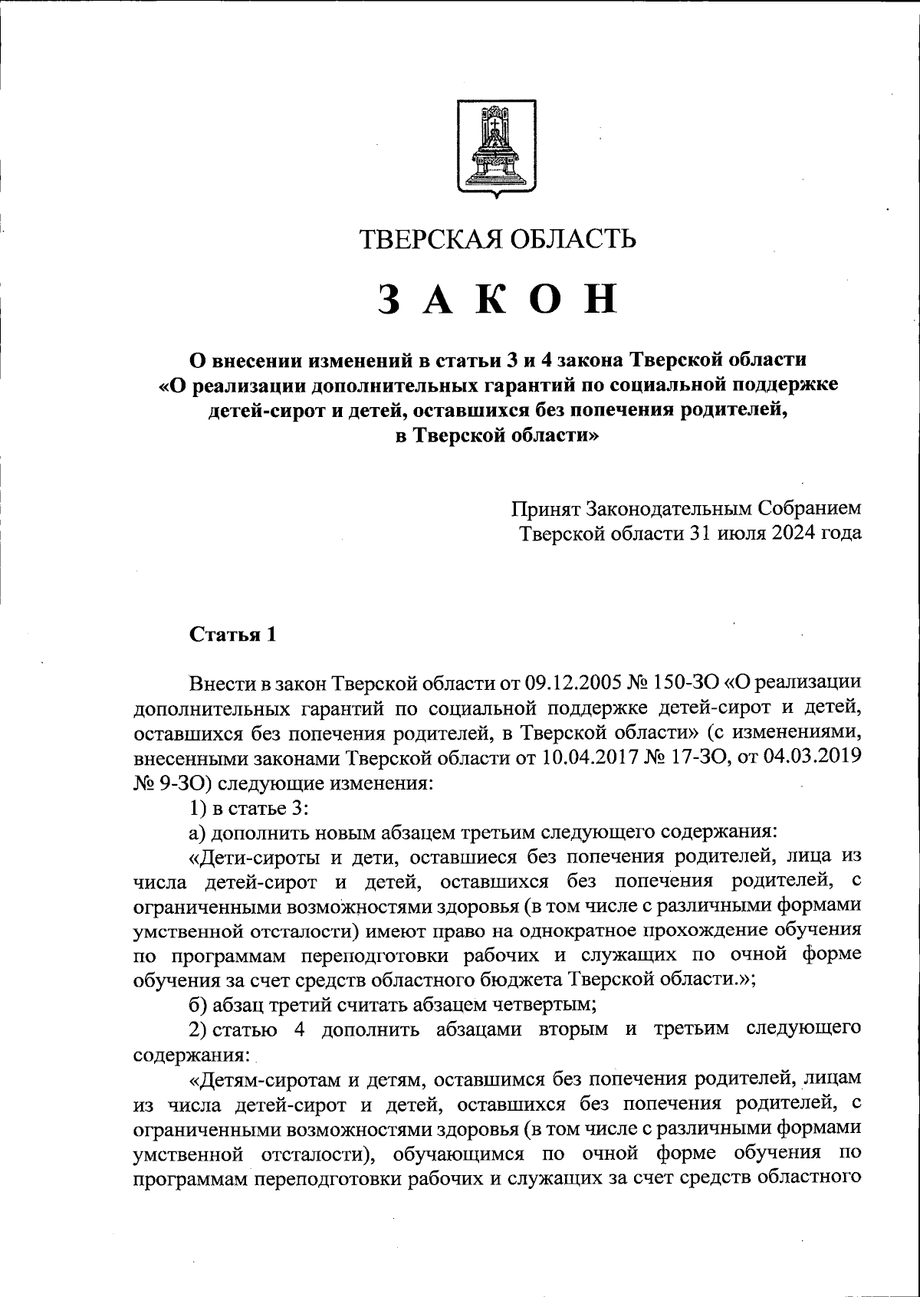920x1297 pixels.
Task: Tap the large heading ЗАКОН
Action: click(x=498, y=300)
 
